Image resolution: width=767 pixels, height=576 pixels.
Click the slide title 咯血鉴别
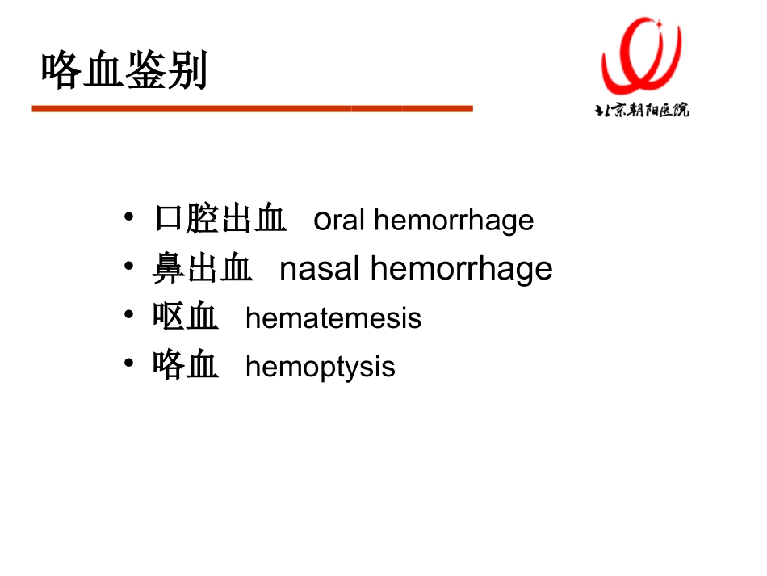124,71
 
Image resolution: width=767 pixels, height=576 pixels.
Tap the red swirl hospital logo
641,56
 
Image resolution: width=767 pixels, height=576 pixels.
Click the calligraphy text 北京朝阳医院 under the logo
641,110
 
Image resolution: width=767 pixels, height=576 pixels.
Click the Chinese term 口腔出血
220,219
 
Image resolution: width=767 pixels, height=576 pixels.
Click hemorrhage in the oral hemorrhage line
454,221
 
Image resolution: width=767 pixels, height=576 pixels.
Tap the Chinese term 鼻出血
203,268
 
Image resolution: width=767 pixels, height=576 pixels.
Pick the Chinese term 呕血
186,317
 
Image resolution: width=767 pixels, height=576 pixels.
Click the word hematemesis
333,317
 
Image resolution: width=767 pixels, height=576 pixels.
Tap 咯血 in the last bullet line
186,365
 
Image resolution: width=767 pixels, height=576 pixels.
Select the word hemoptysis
320,367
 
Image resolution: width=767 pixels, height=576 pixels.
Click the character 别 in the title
187,71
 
